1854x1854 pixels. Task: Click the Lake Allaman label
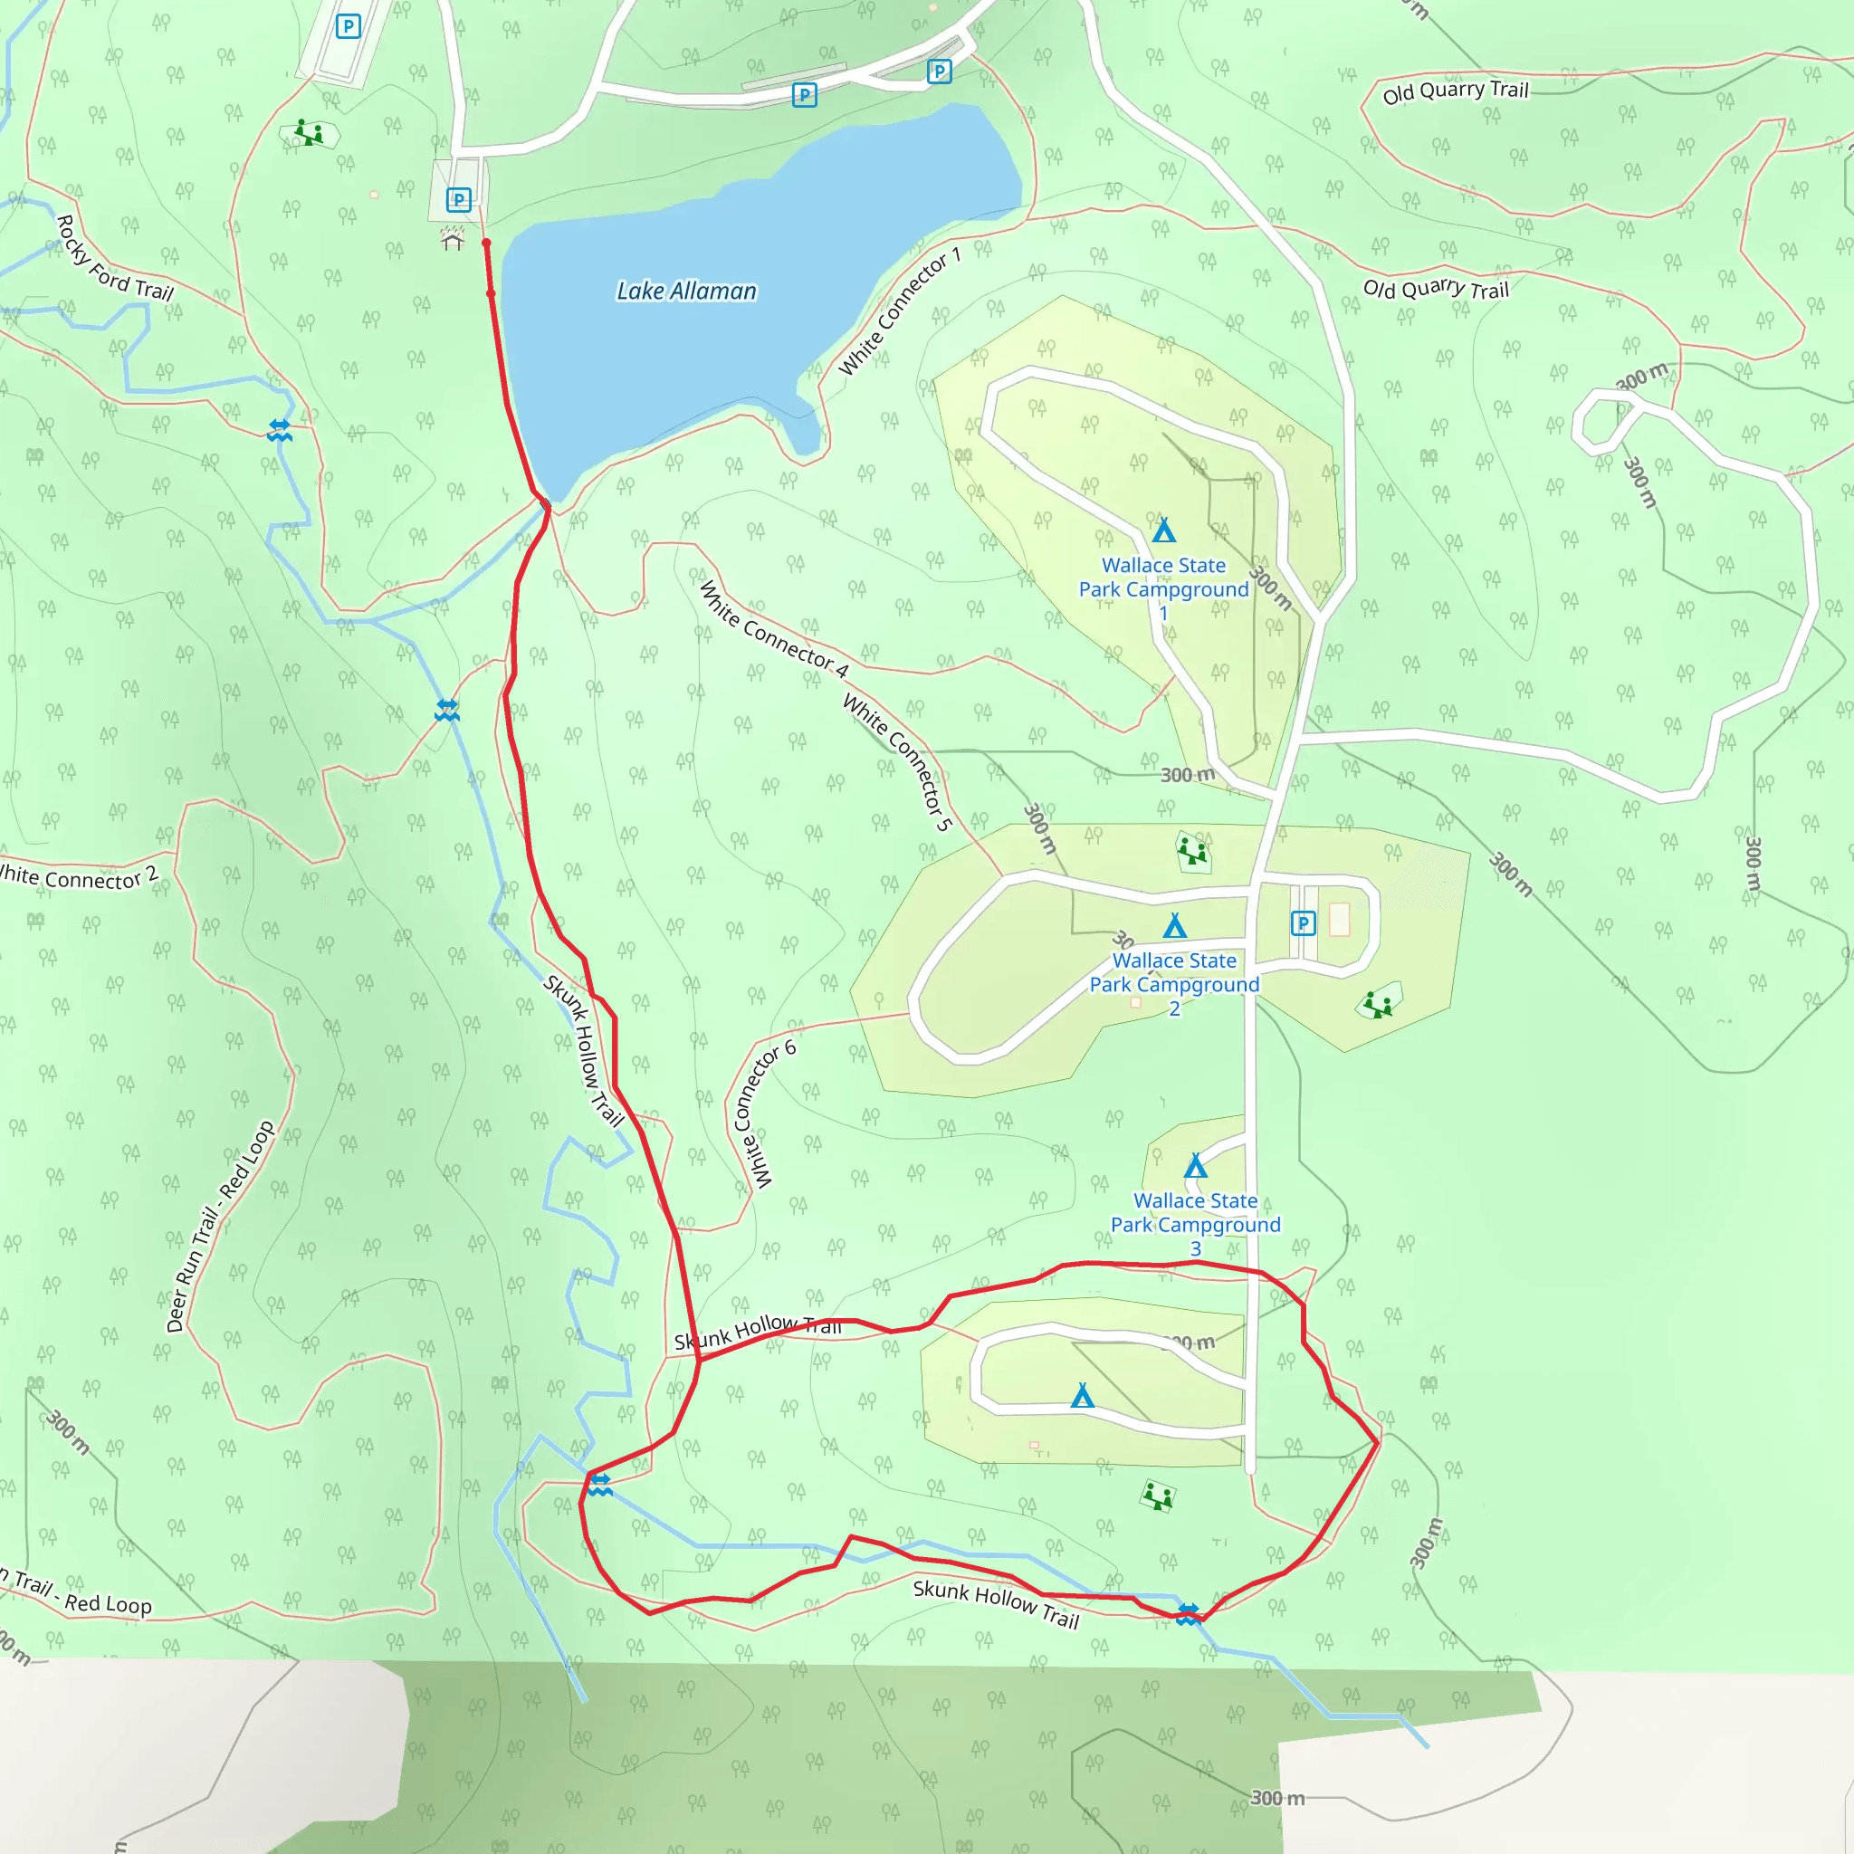point(686,291)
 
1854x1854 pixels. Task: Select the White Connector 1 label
point(899,313)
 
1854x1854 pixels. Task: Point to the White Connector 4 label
point(773,629)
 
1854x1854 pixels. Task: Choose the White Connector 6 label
point(763,1113)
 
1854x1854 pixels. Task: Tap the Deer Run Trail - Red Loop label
point(220,1227)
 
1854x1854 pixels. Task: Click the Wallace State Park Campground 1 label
point(1163,588)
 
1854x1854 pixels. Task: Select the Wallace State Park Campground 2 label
point(1173,984)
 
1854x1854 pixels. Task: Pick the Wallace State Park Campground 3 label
point(1195,1224)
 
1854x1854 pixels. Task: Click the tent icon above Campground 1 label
point(1164,530)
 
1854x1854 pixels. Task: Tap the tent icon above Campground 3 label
point(1195,1166)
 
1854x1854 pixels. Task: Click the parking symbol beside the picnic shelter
point(459,199)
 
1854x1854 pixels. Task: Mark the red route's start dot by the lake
point(486,244)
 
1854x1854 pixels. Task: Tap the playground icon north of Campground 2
point(1192,850)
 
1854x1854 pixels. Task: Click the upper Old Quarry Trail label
point(1455,91)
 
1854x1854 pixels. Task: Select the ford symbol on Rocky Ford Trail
point(279,430)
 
